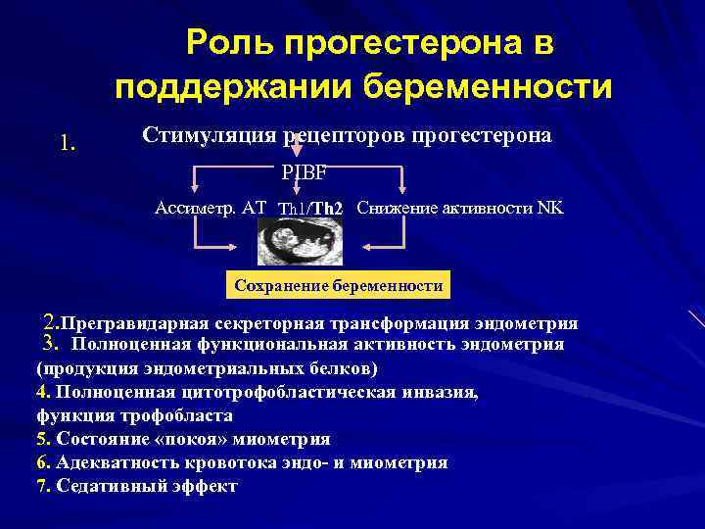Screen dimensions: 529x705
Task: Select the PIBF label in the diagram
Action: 304,173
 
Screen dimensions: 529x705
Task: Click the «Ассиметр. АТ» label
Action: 211,208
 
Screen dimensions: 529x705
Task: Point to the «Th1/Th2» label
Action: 310,210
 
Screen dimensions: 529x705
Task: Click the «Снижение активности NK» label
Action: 460,208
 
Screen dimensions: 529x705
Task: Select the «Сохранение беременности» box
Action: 338,286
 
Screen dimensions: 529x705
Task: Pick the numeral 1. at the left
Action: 68,144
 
